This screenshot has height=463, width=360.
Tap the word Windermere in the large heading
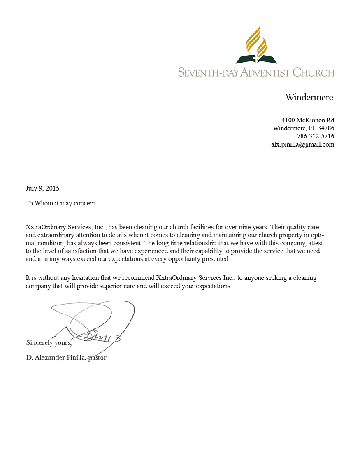point(309,98)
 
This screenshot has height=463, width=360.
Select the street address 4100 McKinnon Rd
point(308,120)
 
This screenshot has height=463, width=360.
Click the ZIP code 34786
point(326,128)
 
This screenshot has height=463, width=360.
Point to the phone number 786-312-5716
point(316,136)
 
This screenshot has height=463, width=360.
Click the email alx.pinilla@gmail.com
point(302,144)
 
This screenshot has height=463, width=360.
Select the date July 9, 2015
point(42,188)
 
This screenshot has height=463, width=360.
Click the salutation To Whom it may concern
point(61,203)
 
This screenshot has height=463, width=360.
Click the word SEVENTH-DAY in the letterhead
point(208,73)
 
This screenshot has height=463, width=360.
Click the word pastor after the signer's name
point(98,358)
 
